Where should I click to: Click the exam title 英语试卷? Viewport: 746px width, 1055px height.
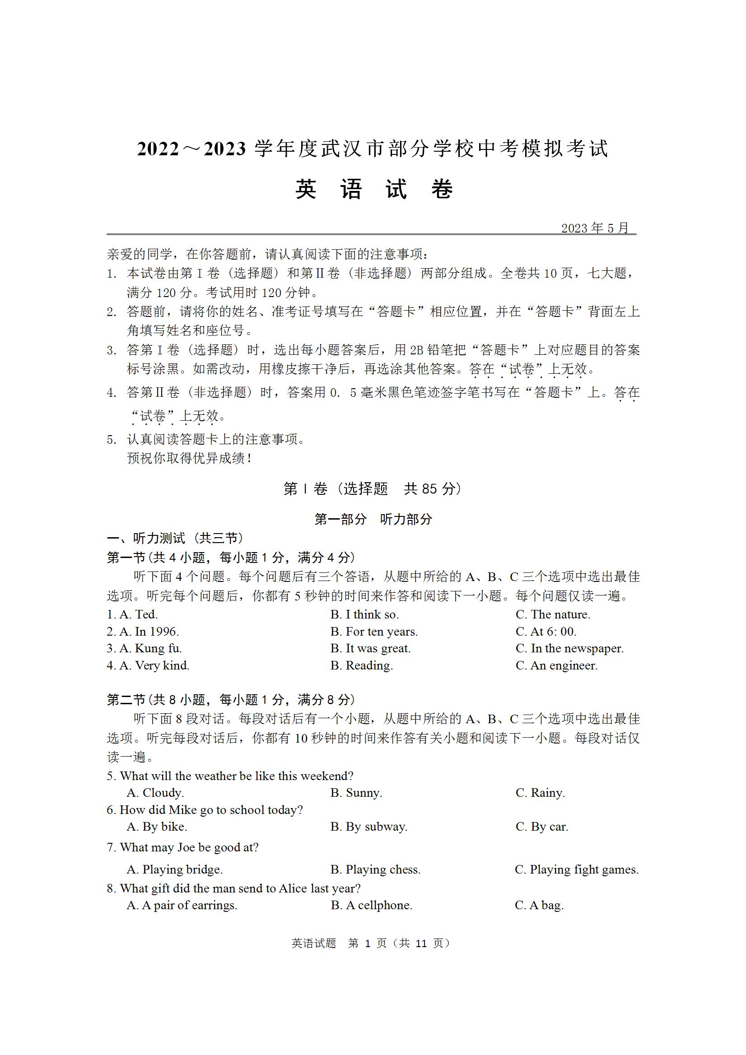click(x=374, y=189)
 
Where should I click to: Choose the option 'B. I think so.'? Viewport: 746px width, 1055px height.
click(x=364, y=614)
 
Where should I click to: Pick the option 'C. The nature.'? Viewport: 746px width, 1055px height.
click(x=552, y=614)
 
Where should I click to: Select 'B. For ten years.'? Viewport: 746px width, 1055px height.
click(x=374, y=632)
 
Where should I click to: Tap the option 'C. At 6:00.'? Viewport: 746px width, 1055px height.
click(x=546, y=632)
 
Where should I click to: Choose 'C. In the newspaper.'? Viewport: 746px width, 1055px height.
click(x=569, y=648)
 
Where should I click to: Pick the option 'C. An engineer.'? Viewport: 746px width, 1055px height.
click(x=556, y=665)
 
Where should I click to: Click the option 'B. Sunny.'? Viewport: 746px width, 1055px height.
click(x=356, y=793)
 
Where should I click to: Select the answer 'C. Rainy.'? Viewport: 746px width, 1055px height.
click(x=540, y=793)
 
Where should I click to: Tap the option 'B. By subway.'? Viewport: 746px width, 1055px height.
click(x=368, y=827)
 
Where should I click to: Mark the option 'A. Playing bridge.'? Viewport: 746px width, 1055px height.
click(x=175, y=869)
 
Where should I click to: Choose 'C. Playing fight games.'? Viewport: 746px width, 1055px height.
click(x=576, y=869)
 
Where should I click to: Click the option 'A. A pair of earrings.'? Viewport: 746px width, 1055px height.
click(x=182, y=905)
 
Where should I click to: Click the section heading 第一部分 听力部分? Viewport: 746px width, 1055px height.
click(x=373, y=519)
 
